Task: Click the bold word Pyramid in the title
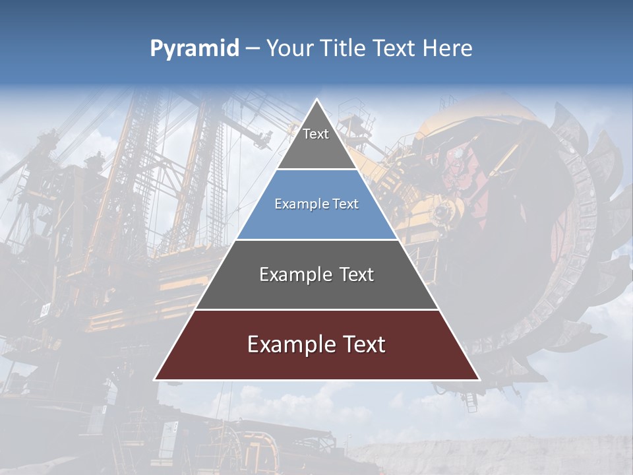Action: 195,49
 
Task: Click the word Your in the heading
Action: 288,48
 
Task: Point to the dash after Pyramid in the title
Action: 253,49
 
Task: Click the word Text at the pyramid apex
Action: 316,134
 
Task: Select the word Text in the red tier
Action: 362,344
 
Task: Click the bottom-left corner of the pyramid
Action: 156,379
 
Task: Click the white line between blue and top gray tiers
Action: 316,170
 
